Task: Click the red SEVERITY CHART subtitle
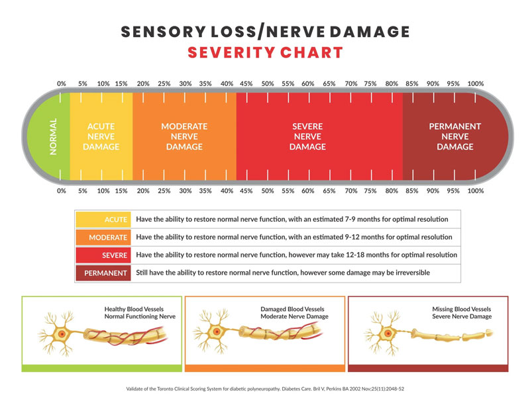click(265, 53)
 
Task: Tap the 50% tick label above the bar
click(268, 84)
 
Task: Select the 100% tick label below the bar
click(475, 191)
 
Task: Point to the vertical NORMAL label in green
click(54, 136)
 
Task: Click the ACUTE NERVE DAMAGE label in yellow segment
click(103, 136)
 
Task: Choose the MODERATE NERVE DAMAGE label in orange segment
click(184, 136)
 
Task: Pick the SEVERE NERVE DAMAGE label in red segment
click(308, 136)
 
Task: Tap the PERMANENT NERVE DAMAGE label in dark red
click(454, 136)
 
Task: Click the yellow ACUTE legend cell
click(103, 219)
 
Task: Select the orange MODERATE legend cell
click(103, 237)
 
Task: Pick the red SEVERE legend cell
click(103, 255)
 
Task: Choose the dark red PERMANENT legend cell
click(103, 273)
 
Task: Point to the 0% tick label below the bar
click(62, 191)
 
